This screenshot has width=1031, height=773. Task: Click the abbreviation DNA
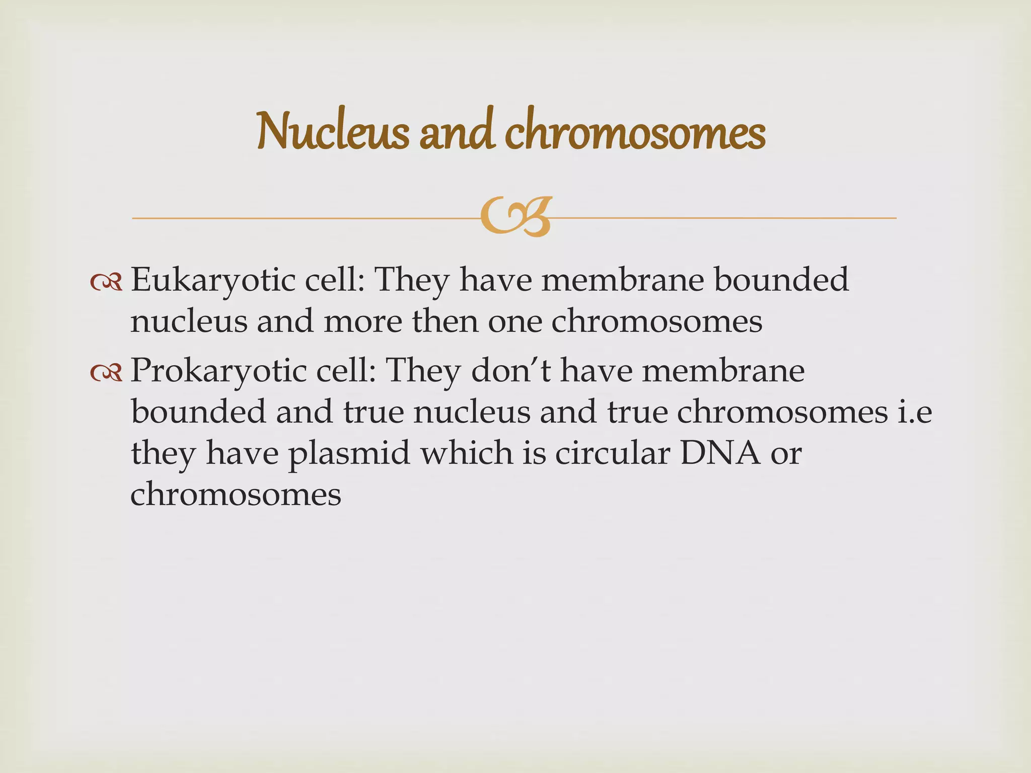coord(720,453)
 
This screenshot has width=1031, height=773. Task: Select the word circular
coord(612,453)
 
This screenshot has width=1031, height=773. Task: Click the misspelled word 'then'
coord(445,322)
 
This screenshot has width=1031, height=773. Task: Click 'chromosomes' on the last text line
coord(236,494)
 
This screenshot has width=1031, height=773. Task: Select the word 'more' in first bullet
coord(363,322)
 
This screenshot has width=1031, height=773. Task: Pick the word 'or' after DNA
coord(786,453)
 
